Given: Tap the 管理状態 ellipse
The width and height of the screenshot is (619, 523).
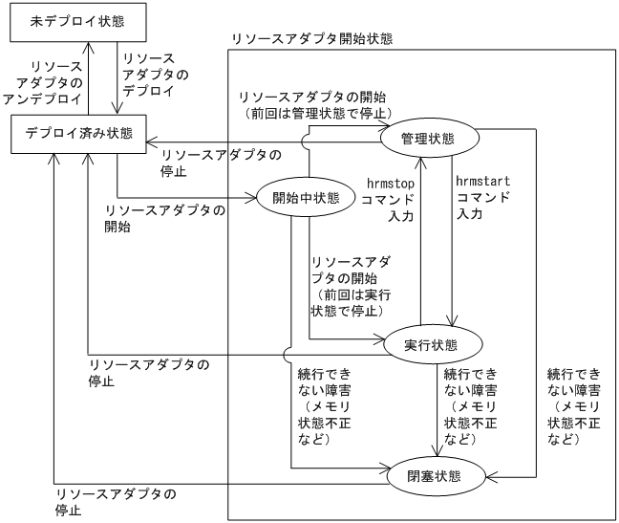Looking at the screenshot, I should click(x=429, y=139).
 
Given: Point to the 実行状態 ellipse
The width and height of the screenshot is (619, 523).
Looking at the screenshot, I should click(x=431, y=344).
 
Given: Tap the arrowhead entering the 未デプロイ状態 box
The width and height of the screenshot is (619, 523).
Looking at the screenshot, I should click(x=88, y=46).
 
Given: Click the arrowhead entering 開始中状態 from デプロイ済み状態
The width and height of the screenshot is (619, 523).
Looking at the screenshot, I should click(x=252, y=199).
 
